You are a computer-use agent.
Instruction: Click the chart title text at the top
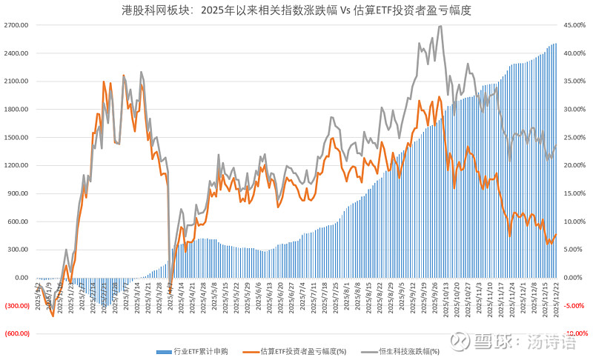(296, 11)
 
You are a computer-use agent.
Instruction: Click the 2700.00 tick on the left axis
(16, 25)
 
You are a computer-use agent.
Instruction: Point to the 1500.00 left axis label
(16, 138)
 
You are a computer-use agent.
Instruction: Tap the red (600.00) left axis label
(16, 334)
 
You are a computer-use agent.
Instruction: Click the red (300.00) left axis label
(16, 306)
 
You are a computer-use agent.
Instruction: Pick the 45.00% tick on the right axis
(577, 25)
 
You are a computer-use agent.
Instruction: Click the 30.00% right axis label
(577, 110)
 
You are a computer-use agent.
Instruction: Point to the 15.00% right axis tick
(577, 193)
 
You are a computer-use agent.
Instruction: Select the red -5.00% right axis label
(577, 306)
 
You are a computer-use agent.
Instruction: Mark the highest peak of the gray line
(441, 26)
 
